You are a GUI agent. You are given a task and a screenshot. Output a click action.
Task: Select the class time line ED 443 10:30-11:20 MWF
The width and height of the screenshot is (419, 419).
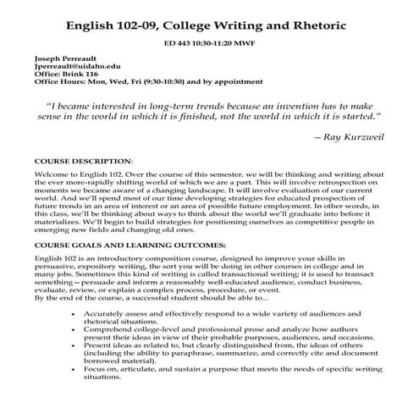208,41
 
